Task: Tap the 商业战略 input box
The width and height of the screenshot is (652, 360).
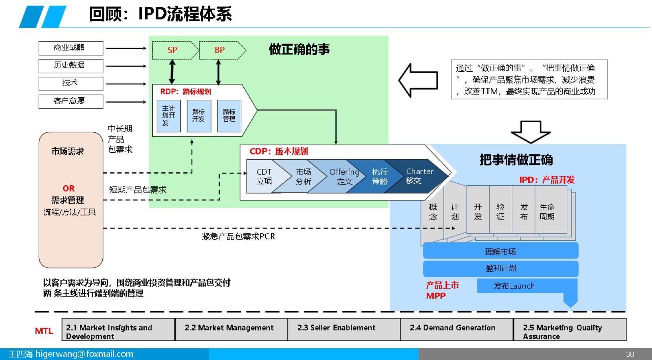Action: tap(71, 48)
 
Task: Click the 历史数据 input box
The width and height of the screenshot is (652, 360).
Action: tap(71, 66)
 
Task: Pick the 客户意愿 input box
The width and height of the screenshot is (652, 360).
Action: tap(71, 101)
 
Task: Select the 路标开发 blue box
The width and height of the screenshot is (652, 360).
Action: tap(199, 116)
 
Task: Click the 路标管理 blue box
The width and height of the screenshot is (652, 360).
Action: tap(229, 116)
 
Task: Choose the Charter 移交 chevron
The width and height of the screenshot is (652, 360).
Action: tap(416, 176)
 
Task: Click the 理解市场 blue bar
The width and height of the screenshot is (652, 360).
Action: tap(501, 251)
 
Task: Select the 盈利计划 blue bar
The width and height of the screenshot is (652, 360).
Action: tap(501, 268)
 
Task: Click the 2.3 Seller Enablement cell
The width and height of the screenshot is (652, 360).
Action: tap(344, 329)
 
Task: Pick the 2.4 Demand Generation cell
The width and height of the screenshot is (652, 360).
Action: tap(457, 329)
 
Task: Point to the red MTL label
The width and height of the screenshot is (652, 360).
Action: tap(44, 331)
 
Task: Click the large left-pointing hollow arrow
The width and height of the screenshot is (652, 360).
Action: tap(418, 80)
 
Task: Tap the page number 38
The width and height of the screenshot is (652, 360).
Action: tap(630, 354)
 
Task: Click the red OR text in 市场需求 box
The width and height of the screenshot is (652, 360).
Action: tap(69, 189)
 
